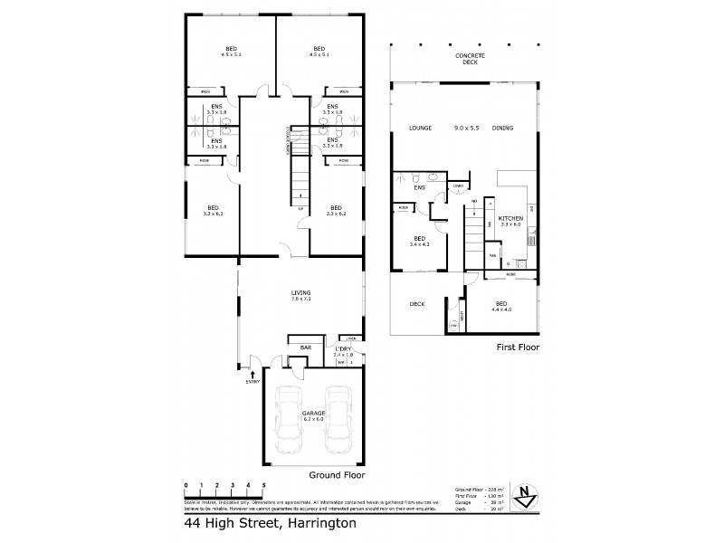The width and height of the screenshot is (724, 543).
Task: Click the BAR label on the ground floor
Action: (x=306, y=348)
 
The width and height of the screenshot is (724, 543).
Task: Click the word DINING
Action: (x=502, y=129)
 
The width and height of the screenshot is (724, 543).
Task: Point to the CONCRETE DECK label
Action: (x=471, y=59)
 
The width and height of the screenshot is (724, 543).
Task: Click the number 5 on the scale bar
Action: (x=262, y=486)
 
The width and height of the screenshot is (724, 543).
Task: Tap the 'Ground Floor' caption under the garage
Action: (x=336, y=474)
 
